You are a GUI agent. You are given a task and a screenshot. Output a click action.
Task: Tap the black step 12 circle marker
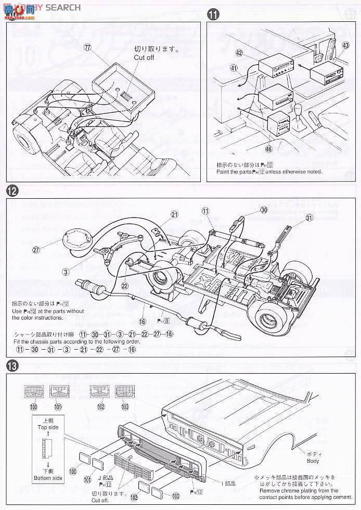12,191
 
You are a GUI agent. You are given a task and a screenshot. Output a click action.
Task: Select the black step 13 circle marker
12,366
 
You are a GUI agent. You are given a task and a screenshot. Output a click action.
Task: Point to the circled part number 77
87,46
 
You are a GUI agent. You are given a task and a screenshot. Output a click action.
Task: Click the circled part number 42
239,53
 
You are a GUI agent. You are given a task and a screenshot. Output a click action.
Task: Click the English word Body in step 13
313,461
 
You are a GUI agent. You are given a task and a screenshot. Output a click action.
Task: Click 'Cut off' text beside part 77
144,58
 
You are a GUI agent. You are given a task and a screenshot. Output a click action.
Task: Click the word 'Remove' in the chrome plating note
265,490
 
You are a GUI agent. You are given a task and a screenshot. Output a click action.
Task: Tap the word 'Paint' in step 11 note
224,172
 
